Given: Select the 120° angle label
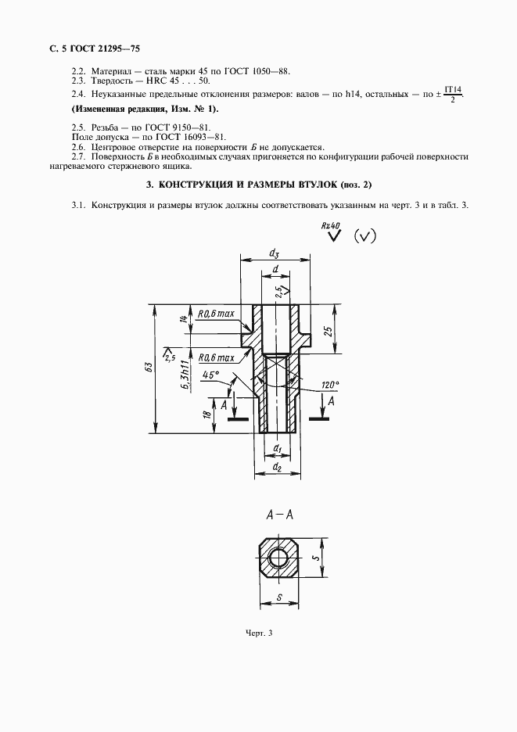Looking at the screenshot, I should point(330,384).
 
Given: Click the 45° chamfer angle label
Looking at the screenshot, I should point(209,375).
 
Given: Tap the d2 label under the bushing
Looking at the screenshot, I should point(277,468).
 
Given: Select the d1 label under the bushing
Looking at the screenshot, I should point(277,449).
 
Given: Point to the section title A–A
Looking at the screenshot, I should point(279,515).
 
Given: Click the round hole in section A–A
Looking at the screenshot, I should point(278,558).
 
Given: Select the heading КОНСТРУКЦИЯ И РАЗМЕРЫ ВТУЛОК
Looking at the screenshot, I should point(258,185).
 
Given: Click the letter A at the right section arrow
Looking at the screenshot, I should point(332,401).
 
